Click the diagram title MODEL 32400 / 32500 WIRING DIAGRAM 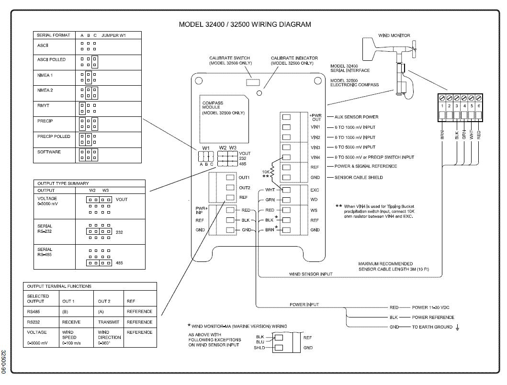(x=245, y=24)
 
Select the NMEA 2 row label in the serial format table (x=45, y=91)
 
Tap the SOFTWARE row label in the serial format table (x=49, y=152)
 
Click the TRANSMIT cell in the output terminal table (x=109, y=322)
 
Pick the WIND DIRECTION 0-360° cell (x=109, y=337)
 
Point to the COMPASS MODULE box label (x=213, y=105)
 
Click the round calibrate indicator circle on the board (x=259, y=93)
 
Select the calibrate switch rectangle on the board (x=253, y=82)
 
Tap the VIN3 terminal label (x=315, y=147)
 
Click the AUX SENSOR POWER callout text (x=356, y=117)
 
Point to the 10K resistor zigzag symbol (x=272, y=172)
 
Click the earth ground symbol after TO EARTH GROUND (x=458, y=327)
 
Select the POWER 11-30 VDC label (x=430, y=307)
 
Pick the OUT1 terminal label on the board (x=244, y=178)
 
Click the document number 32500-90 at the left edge (x=3, y=362)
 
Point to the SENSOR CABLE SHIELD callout (x=359, y=177)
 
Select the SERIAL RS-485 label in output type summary (x=45, y=252)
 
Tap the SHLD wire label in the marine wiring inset (x=259, y=348)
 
